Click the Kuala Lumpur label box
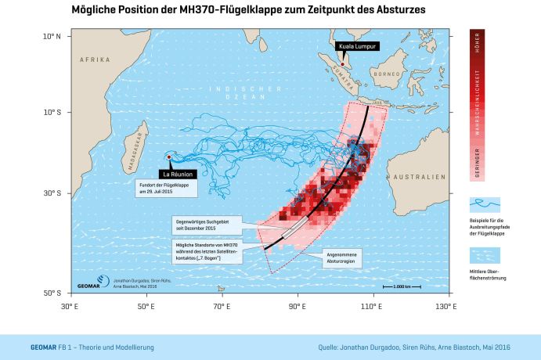pyautogui.click(x=358, y=48)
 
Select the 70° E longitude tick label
pyautogui.click(x=222, y=306)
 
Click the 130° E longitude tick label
pyautogui.click(x=445, y=306)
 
